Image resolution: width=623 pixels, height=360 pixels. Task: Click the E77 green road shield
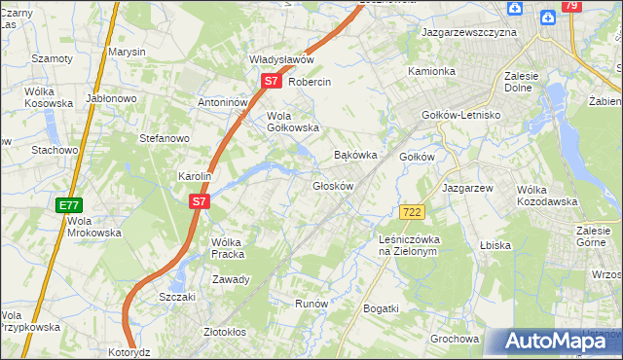tap(68, 205)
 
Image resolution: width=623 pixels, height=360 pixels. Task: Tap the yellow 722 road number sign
tap(412, 212)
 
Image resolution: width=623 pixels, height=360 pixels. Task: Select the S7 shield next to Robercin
tap(272, 83)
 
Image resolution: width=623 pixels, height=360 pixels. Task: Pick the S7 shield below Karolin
tap(199, 201)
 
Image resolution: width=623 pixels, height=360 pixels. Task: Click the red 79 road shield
tap(572, 7)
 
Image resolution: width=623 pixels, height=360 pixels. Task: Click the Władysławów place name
tap(281, 59)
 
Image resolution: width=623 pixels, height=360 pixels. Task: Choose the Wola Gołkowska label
tap(293, 121)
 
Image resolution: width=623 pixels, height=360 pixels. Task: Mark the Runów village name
tap(311, 304)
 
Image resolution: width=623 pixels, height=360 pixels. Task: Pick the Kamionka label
tap(431, 71)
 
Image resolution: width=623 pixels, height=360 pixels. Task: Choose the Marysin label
tap(127, 51)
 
